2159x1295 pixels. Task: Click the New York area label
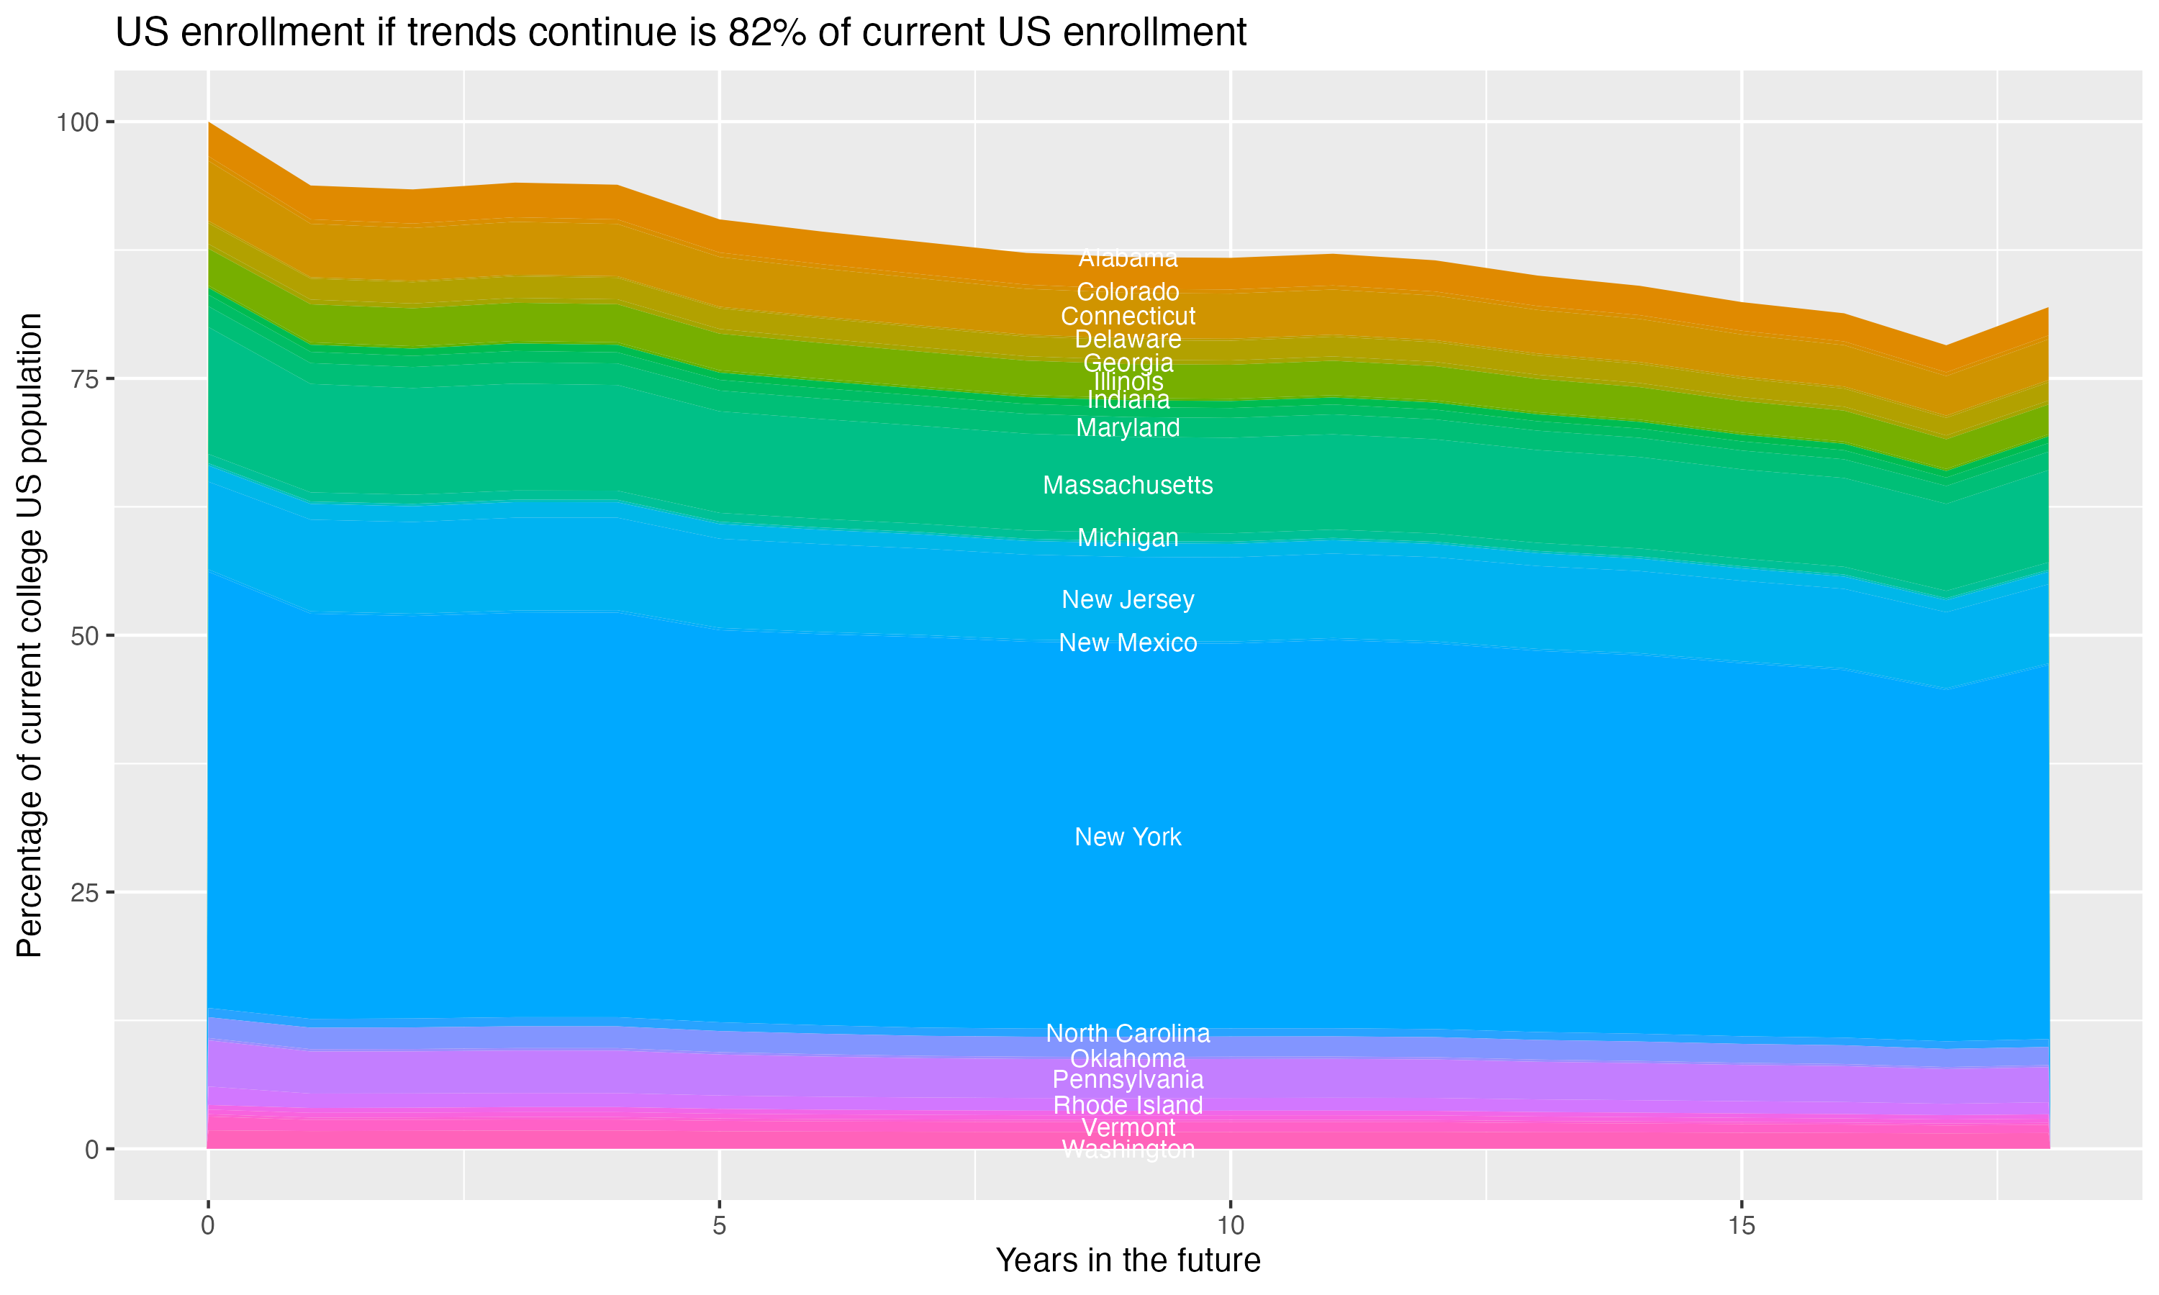click(x=1128, y=837)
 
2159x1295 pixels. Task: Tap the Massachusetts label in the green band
click(x=1128, y=485)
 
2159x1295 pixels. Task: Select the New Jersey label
click(x=1128, y=599)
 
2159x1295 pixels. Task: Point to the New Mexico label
click(x=1128, y=643)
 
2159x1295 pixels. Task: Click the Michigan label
click(x=1128, y=537)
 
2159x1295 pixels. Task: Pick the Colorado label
click(x=1128, y=291)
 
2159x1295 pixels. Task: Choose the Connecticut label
click(x=1128, y=316)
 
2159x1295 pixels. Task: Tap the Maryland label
click(x=1128, y=427)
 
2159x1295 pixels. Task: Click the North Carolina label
click(x=1128, y=1033)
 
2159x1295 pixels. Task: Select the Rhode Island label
click(x=1128, y=1106)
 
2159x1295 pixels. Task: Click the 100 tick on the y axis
click(x=77, y=122)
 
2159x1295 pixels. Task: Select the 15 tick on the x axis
click(x=1741, y=1226)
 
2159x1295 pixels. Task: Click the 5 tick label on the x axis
click(x=719, y=1226)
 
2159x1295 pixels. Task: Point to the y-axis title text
click(x=30, y=635)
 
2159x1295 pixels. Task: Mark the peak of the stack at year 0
click(x=209, y=123)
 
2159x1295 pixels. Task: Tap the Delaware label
click(x=1128, y=340)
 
